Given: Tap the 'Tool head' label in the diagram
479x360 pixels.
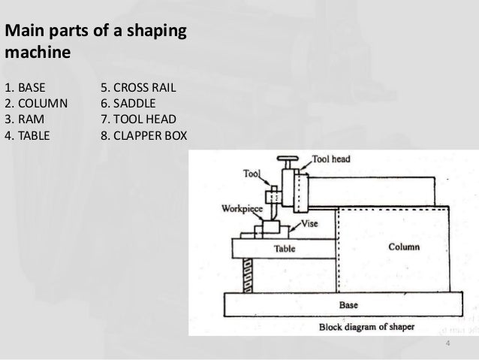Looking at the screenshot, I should click(x=330, y=159).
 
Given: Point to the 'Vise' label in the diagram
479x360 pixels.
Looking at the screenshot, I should click(x=310, y=223).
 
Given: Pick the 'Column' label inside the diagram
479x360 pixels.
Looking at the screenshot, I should click(x=403, y=247).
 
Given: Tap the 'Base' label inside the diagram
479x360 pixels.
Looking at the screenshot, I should click(x=349, y=306).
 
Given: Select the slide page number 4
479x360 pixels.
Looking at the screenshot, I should click(x=447, y=344).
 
